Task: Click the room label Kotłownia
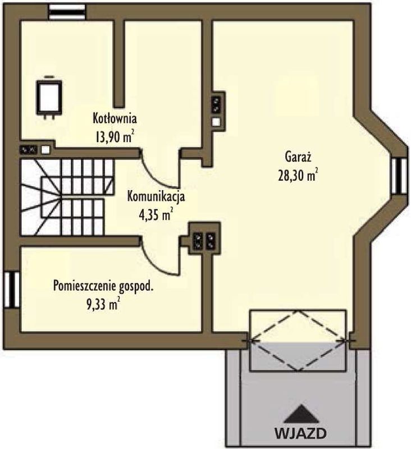pos(115,118)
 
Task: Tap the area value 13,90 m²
pos(115,137)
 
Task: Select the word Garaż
pos(298,157)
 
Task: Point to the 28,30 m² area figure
pos(298,175)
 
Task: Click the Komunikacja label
pos(156,197)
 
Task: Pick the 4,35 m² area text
pos(156,215)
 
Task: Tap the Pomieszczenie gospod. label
pos(103,287)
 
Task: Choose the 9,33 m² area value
pos(103,305)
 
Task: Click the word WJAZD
pos(300,433)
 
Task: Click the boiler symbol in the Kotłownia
pos(49,97)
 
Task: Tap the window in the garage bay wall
pos(399,176)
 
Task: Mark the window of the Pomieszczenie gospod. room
pos(11,290)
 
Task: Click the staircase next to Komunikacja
pos(67,197)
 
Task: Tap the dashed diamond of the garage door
pos(298,340)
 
